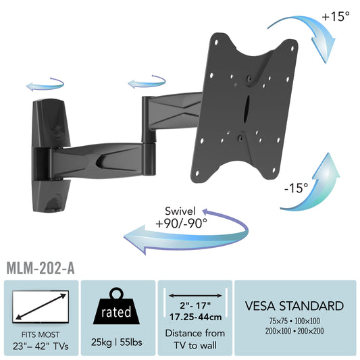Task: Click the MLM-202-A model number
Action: tap(41, 267)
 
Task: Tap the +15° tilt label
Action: tap(336, 16)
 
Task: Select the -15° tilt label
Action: tap(296, 188)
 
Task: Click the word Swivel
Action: tap(180, 211)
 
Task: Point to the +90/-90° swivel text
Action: tap(181, 223)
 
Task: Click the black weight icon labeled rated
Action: tap(116, 307)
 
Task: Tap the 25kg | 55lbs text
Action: tap(117, 342)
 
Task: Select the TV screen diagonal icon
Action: tap(41, 307)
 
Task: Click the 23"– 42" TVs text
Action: tap(41, 346)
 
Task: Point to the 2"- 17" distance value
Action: tap(195, 305)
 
